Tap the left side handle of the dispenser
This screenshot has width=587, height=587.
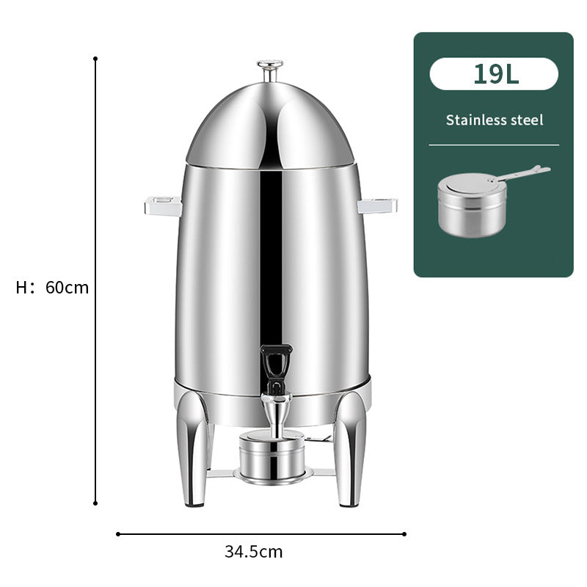click(x=163, y=205)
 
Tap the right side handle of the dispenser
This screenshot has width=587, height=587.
click(x=377, y=205)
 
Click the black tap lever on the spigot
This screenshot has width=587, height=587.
click(x=275, y=363)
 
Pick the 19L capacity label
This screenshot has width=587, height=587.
click(x=493, y=74)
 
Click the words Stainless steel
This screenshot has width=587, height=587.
click(x=494, y=120)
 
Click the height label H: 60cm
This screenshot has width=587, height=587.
click(x=52, y=288)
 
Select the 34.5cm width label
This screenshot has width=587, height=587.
click(x=253, y=552)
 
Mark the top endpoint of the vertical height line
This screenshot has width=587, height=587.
click(x=95, y=58)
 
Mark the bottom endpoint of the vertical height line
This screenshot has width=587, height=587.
click(x=95, y=503)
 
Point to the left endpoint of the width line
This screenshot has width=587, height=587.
click(x=118, y=534)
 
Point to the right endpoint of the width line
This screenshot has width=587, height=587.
click(x=404, y=534)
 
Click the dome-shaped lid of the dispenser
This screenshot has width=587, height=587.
click(x=269, y=125)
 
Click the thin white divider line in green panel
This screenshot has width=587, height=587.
click(x=494, y=145)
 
